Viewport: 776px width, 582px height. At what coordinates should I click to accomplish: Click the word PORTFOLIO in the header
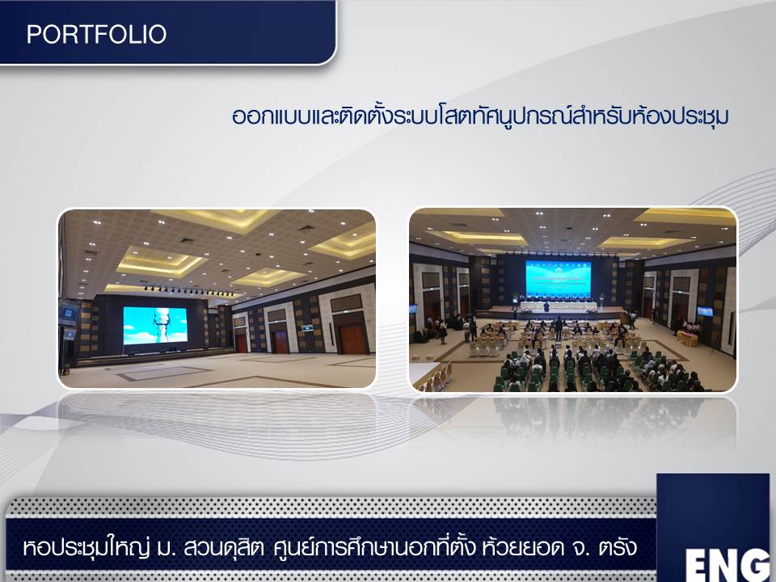coord(96,34)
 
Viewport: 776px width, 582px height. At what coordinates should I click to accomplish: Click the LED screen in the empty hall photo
coord(155,325)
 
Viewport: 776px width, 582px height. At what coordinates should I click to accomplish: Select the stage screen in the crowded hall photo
coord(559,279)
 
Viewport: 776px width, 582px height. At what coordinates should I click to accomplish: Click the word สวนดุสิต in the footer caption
coord(224,548)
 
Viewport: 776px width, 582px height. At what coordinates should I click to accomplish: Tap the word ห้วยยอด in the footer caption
coord(523,547)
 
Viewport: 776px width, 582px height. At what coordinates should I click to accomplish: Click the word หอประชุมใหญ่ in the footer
coord(86,548)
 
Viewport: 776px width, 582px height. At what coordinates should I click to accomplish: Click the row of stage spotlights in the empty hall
coord(188,291)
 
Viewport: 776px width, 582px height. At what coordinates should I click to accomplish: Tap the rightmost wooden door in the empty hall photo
coord(352,338)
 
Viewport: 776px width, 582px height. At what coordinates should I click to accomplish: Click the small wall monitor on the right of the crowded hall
coord(705,311)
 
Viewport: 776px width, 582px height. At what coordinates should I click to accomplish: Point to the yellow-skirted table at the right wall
coord(687,339)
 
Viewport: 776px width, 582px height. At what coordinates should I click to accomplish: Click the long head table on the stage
coord(559,306)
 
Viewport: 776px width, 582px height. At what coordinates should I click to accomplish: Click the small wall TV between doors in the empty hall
coord(307,327)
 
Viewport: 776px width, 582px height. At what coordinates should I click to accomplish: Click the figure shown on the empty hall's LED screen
coord(162,325)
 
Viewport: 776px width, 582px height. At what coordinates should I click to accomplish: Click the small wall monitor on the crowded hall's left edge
coord(413,310)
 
